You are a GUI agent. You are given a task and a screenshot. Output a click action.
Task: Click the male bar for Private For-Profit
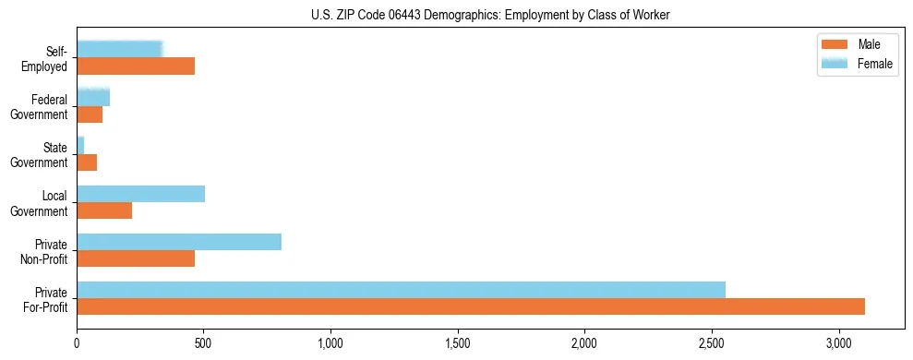[471, 306]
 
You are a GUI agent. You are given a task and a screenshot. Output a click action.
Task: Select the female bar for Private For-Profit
[401, 289]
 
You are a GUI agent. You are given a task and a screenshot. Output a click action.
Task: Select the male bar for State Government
[87, 162]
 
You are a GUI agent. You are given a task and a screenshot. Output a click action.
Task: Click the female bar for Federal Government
[93, 97]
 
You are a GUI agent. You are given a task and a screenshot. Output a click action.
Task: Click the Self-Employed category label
[48, 58]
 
